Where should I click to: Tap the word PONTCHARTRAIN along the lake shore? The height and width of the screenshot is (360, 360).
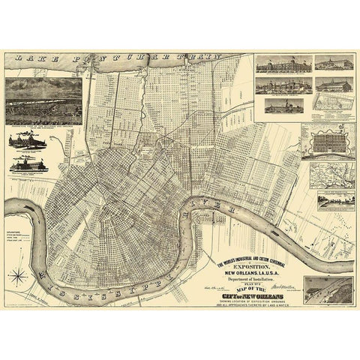pyautogui.click(x=127, y=57)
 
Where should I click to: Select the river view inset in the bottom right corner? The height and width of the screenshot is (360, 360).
pyautogui.click(x=328, y=289)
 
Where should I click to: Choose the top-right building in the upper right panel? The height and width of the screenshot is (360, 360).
pyautogui.click(x=334, y=63)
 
